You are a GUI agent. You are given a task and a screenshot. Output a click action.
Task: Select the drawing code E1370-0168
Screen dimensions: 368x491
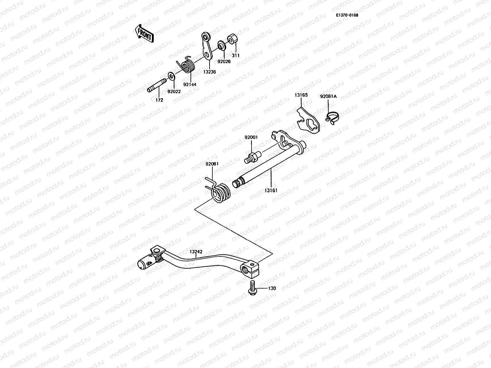pyautogui.click(x=347, y=15)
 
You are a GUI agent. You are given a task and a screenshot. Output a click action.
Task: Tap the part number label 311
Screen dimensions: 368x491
pyautogui.click(x=236, y=56)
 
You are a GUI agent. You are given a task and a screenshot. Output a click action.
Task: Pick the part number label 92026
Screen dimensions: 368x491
pyautogui.click(x=224, y=61)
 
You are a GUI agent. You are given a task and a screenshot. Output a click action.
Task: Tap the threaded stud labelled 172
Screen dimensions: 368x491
pyautogui.click(x=156, y=86)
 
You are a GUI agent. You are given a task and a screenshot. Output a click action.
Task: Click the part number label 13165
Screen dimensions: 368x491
pyautogui.click(x=301, y=95)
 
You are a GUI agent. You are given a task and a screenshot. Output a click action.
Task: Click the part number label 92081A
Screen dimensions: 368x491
pyautogui.click(x=328, y=96)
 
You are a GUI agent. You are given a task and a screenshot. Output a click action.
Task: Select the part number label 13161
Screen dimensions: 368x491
pyautogui.click(x=271, y=190)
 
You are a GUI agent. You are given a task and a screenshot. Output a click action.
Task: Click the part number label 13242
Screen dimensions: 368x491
pyautogui.click(x=195, y=251)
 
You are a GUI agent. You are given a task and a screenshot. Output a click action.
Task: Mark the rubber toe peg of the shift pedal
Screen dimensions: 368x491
pyautogui.click(x=145, y=263)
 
